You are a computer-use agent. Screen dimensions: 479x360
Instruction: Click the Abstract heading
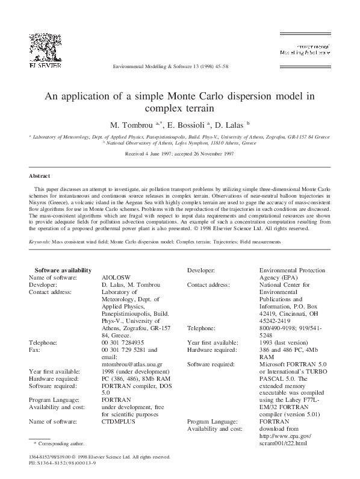click(40, 176)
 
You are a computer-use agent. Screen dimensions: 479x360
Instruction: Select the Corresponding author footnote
click(54, 443)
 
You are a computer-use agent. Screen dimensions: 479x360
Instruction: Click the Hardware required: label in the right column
click(214, 349)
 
